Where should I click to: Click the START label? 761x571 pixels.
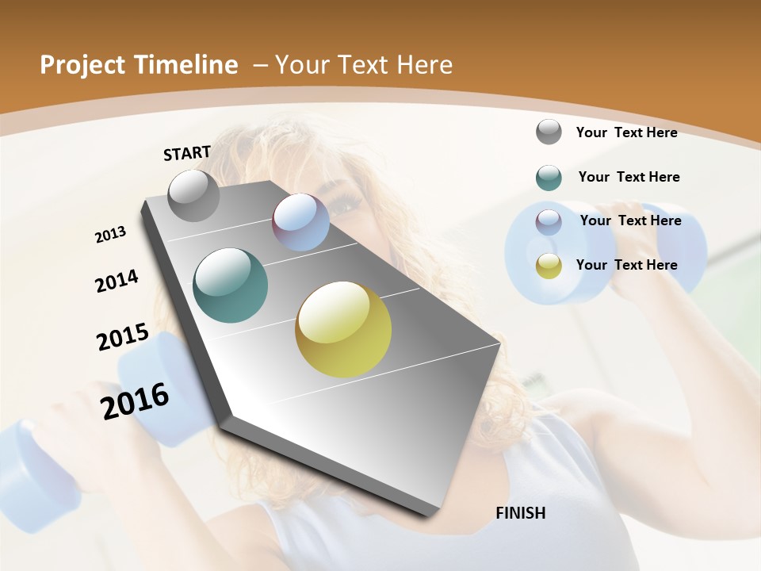187,153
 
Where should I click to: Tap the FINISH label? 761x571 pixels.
521,513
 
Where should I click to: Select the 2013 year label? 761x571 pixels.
110,235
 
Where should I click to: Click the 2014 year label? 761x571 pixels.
117,281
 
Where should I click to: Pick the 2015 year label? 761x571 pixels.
123,337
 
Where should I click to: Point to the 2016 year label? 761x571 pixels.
135,400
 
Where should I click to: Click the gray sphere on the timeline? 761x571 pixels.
193,195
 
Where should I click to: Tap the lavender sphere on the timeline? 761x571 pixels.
300,222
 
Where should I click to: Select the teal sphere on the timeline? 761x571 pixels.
230,285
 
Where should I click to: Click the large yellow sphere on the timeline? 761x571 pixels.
343,329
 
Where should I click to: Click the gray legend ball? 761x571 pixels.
549,132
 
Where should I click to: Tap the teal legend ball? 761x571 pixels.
549,178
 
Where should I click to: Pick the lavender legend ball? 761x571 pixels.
549,222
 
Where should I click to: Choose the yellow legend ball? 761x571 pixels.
549,266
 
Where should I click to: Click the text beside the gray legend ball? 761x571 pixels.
626,132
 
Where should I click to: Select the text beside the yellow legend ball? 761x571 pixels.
626,265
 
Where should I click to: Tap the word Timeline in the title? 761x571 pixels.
188,65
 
